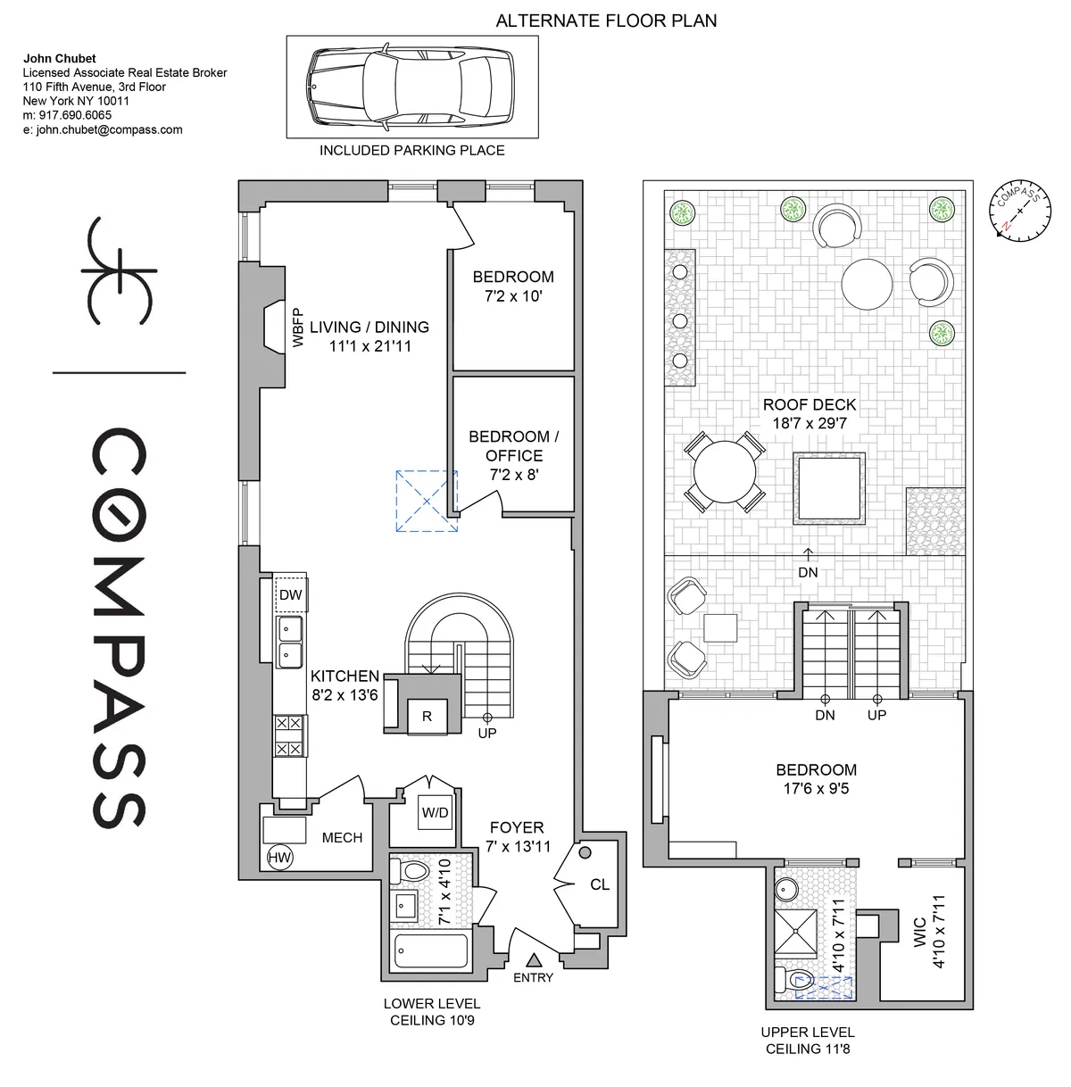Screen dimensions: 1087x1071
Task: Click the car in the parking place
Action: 411,87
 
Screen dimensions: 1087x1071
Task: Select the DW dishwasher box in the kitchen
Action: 289,595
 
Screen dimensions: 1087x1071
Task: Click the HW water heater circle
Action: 279,858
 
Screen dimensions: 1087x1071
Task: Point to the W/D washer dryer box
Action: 435,813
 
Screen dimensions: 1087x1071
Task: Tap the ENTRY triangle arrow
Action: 534,960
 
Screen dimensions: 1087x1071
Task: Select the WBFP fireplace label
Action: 298,328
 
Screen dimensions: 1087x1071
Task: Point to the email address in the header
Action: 103,129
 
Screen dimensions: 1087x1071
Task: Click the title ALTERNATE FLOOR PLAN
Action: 606,20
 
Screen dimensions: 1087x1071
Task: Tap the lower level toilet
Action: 415,870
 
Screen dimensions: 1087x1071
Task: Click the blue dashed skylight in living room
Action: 426,502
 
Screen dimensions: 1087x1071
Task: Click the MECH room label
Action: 342,837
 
